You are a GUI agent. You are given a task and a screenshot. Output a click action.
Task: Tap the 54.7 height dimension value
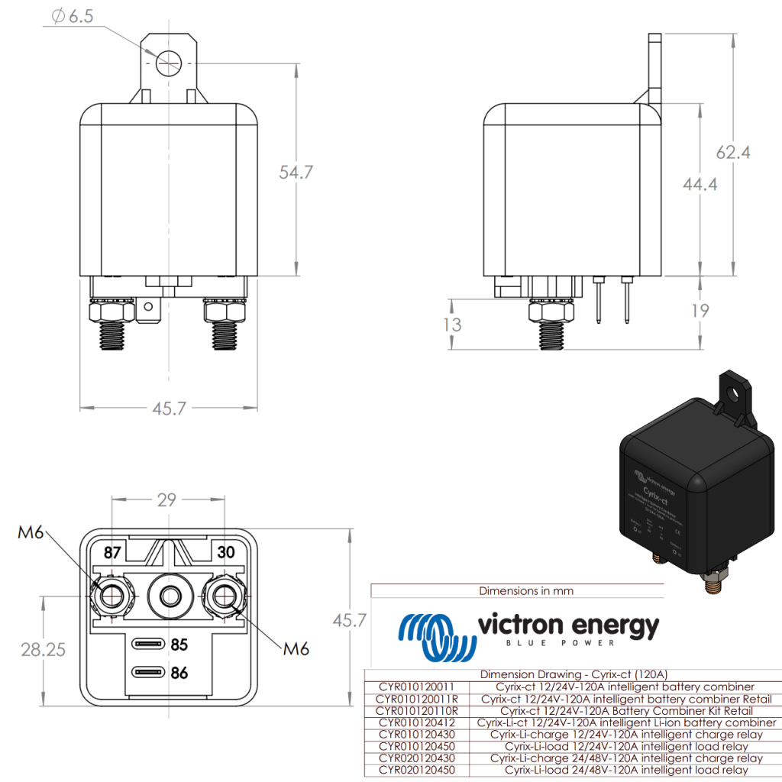pos(296,172)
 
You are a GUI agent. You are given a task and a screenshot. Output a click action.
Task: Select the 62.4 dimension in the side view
pos(732,152)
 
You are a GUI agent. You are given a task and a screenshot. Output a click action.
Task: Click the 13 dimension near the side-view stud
pos(452,324)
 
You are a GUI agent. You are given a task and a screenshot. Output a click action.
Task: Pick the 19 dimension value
pos(699,311)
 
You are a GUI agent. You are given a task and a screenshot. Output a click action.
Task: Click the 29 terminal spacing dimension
pos(166,500)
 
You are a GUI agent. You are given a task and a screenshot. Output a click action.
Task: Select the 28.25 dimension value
pos(43,650)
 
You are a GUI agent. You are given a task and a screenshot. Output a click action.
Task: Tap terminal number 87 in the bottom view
pos(112,551)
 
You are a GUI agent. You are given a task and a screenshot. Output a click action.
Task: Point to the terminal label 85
pos(179,645)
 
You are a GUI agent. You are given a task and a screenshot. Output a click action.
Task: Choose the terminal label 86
pos(179,673)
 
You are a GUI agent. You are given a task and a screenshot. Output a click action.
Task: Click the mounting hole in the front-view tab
pos(167,63)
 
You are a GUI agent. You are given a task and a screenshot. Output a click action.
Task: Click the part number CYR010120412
pos(415,722)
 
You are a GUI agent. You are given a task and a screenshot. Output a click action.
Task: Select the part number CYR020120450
pos(415,771)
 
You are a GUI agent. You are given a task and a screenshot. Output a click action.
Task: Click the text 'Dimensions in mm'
pos(526,590)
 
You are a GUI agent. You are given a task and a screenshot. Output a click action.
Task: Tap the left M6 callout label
pos(31,532)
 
